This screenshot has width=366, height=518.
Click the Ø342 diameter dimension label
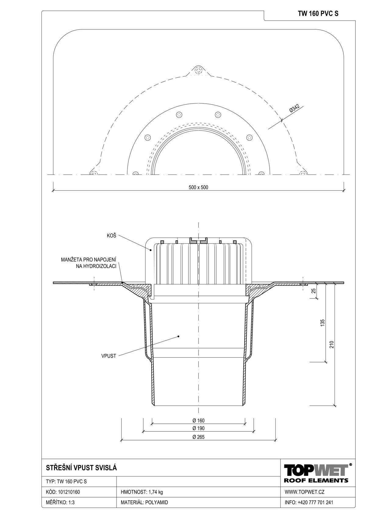(294, 109)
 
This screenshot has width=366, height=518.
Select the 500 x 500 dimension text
(198, 187)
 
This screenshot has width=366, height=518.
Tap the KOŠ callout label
(111, 236)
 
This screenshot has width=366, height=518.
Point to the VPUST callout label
(109, 356)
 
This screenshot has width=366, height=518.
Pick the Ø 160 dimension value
(198, 421)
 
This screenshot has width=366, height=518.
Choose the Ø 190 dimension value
(198, 428)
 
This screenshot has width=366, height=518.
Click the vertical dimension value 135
(323, 323)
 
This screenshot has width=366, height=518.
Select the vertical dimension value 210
(332, 344)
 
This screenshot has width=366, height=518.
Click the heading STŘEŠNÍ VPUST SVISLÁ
(82, 468)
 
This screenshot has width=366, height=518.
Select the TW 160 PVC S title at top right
(318, 14)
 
